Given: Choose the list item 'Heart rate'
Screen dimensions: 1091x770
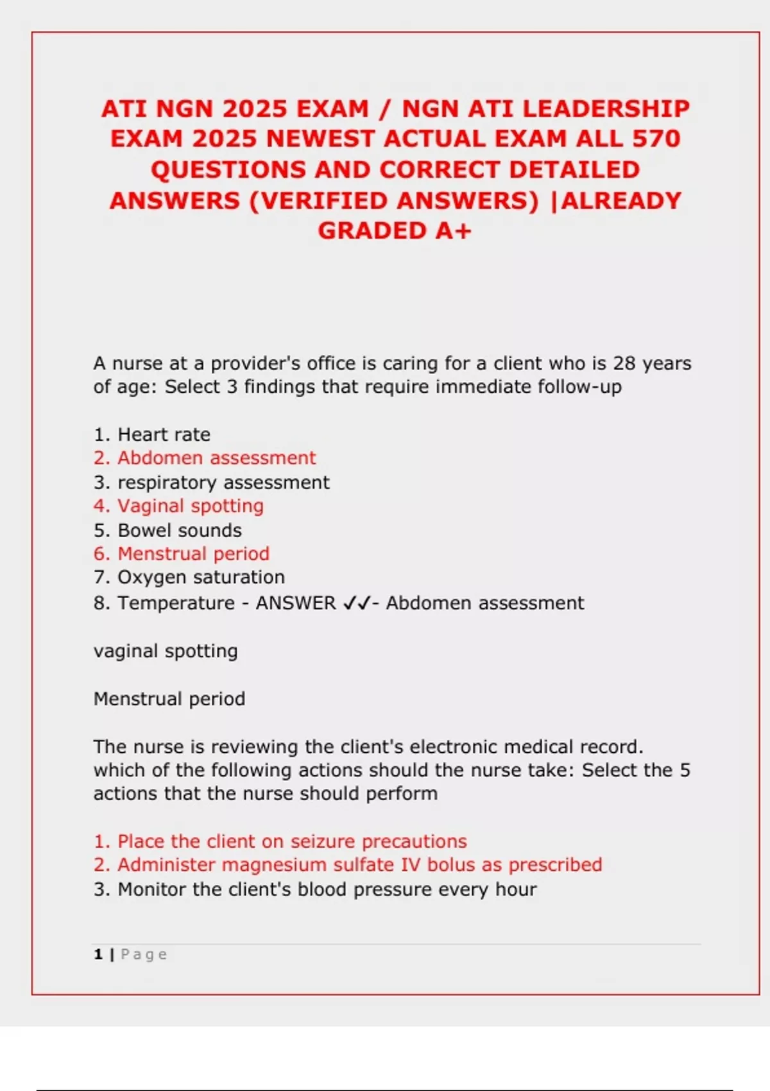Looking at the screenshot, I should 164,434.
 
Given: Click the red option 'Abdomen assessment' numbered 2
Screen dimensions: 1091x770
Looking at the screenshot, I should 216,458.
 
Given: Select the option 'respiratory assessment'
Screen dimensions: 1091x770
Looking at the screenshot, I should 223,482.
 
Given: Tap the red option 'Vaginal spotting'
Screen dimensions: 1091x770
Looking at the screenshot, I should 190,506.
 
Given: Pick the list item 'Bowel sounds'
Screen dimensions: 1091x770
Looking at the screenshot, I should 180,530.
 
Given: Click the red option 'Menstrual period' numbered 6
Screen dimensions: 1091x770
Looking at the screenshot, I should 193,553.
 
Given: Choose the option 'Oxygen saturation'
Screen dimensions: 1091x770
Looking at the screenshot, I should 201,577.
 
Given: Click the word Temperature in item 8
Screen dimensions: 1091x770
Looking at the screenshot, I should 176,603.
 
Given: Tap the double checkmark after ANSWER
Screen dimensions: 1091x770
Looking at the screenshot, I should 356,603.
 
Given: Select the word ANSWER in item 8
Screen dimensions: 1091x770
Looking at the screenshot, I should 296,603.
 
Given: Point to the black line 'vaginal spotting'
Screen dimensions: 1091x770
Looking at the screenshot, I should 166,651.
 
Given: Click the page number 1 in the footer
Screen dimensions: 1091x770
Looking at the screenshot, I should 98,954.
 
